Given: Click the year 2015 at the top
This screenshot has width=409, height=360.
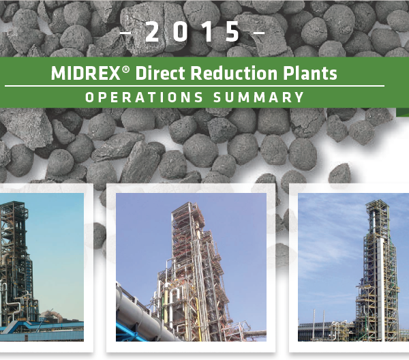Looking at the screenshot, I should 193,32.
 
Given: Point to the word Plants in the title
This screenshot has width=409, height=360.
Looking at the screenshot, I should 312,74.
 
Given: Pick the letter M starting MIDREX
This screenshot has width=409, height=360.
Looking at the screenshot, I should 57,74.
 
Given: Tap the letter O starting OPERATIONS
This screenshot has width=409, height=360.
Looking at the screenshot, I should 89,97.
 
